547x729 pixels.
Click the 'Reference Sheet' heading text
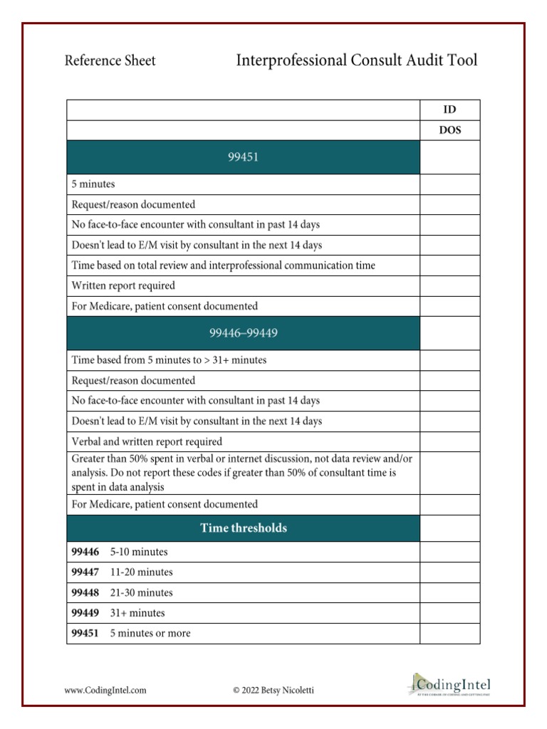[x=110, y=61]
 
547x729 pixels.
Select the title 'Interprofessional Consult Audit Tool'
[x=356, y=60]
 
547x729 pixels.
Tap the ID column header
[x=449, y=110]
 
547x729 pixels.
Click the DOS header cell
[x=449, y=130]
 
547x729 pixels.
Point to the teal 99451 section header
[x=243, y=157]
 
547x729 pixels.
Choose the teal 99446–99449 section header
[x=243, y=333]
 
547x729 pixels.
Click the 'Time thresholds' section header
[x=243, y=528]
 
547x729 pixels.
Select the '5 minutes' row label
[x=93, y=184]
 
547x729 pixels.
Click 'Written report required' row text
[x=123, y=285]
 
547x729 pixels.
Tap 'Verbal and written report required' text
[x=147, y=441]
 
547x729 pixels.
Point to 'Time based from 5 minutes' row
[x=169, y=360]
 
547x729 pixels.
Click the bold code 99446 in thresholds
[x=85, y=552]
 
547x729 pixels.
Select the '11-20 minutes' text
[x=141, y=572]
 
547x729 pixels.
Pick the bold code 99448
[x=85, y=592]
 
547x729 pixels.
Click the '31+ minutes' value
[x=137, y=613]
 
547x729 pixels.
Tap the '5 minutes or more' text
[x=150, y=633]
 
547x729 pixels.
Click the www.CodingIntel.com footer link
[x=105, y=689]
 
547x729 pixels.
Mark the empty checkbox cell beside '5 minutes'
[x=449, y=184]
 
